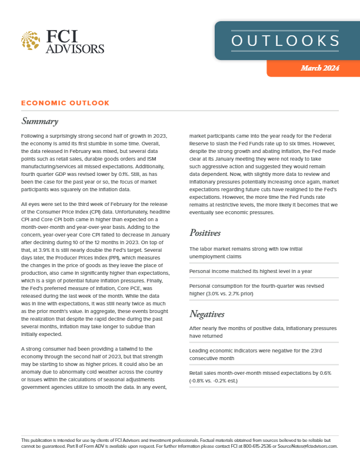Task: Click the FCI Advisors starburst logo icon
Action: (31, 41)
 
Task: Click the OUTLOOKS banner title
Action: (285, 40)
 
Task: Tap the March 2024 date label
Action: (320, 69)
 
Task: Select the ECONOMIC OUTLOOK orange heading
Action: (65, 103)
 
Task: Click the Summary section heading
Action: (39, 122)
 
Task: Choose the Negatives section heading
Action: (210, 313)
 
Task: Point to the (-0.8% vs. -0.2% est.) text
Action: (222, 380)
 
